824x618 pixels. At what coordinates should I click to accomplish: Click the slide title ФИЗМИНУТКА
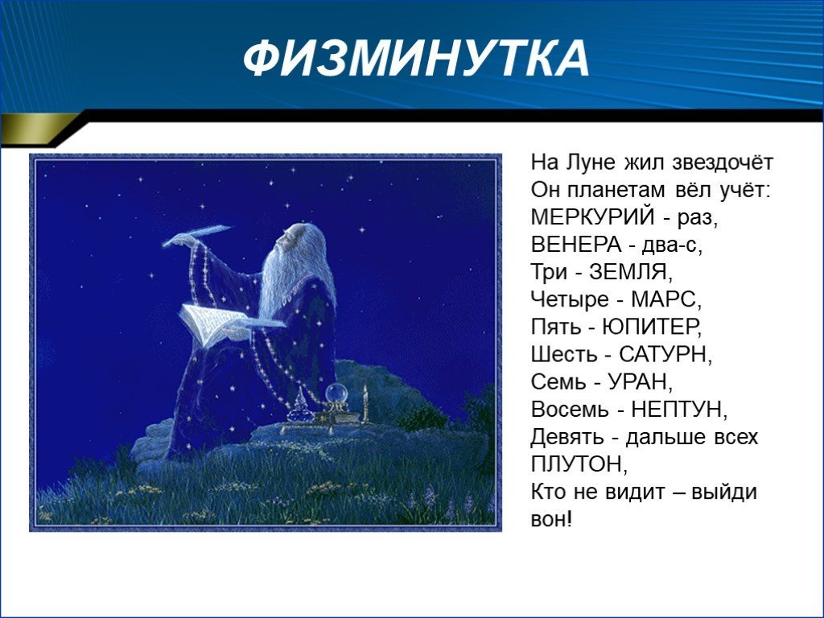pos(416,58)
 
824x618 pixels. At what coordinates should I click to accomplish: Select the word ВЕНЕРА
pos(576,245)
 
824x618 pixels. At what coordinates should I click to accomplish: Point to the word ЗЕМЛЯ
pos(628,272)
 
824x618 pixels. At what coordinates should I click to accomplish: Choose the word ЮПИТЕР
pos(649,327)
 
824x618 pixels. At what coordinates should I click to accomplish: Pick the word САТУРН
pos(662,354)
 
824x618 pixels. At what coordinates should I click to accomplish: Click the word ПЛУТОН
pos(576,463)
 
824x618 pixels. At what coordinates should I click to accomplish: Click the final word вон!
pos(550,519)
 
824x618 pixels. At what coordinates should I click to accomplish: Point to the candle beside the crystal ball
pos(365,402)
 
